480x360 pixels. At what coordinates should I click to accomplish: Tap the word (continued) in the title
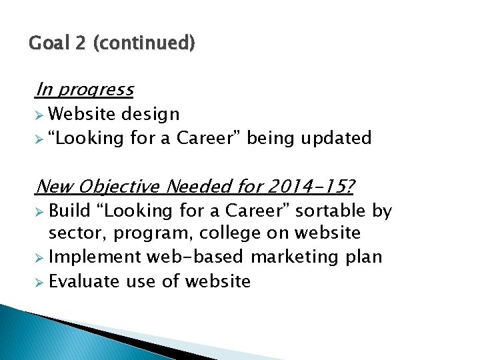(x=145, y=44)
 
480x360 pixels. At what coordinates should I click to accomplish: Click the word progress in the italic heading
(x=95, y=89)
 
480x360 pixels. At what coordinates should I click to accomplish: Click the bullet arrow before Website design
(x=40, y=114)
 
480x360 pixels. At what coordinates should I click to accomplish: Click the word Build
(x=69, y=211)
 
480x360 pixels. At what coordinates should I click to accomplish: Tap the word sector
(x=77, y=233)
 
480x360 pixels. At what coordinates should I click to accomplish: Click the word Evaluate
(x=85, y=281)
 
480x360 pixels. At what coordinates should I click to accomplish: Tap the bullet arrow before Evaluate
(x=40, y=281)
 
